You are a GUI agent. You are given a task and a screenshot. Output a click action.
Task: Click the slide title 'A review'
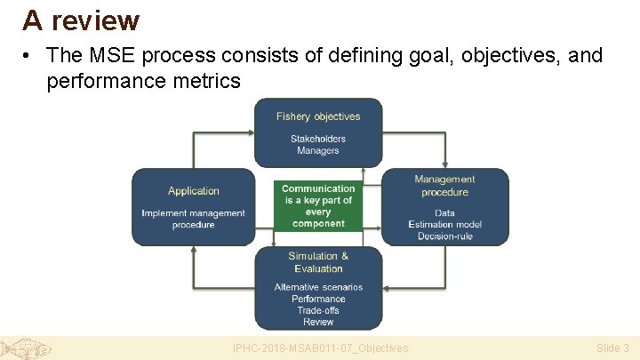pos(81,20)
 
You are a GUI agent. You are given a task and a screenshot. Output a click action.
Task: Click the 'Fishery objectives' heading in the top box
pos(318,116)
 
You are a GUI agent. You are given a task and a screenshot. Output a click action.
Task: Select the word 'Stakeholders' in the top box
pos(318,139)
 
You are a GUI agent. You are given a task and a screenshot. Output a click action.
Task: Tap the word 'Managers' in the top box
pos(318,151)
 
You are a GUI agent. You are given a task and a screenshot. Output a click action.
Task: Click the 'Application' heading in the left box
pos(193,191)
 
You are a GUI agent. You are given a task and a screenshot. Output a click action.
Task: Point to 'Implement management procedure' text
pos(193,219)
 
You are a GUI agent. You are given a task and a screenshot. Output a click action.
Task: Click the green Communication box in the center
pos(318,206)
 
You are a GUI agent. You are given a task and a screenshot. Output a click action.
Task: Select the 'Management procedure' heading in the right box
pos(444,186)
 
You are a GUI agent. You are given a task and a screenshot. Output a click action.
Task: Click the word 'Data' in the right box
pos(444,213)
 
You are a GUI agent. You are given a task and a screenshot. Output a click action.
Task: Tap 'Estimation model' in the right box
pos(444,225)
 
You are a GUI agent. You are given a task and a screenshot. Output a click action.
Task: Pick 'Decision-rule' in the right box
pos(444,236)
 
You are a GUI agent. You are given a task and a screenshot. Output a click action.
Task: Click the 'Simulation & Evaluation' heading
pos(318,262)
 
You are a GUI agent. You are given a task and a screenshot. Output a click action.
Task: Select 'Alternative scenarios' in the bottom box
pos(318,287)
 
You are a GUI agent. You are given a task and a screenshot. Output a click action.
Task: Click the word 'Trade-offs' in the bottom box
pos(318,310)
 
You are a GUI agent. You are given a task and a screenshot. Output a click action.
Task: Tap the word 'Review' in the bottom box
pos(318,322)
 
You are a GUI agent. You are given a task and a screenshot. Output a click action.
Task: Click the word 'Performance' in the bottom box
pos(318,299)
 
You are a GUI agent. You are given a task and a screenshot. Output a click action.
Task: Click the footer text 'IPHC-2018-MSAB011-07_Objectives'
pos(320,348)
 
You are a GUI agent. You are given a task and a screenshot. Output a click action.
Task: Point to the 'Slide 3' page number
pos(612,348)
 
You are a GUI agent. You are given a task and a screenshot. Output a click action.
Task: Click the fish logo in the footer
pos(26,348)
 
